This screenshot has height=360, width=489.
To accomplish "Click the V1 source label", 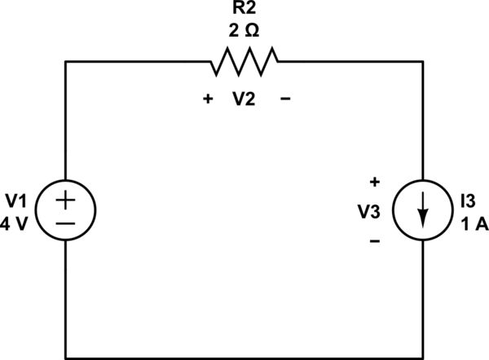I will coord(17,200).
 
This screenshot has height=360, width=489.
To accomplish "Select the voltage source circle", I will coord(66,211).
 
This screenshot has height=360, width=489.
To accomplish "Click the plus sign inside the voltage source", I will coord(66,200).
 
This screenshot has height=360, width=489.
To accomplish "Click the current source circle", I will coord(423,211).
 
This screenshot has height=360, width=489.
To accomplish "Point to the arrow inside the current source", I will coord(423,213).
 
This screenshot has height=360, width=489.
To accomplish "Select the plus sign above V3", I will coord(375,182).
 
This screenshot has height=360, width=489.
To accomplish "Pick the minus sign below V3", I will coord(375,240).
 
